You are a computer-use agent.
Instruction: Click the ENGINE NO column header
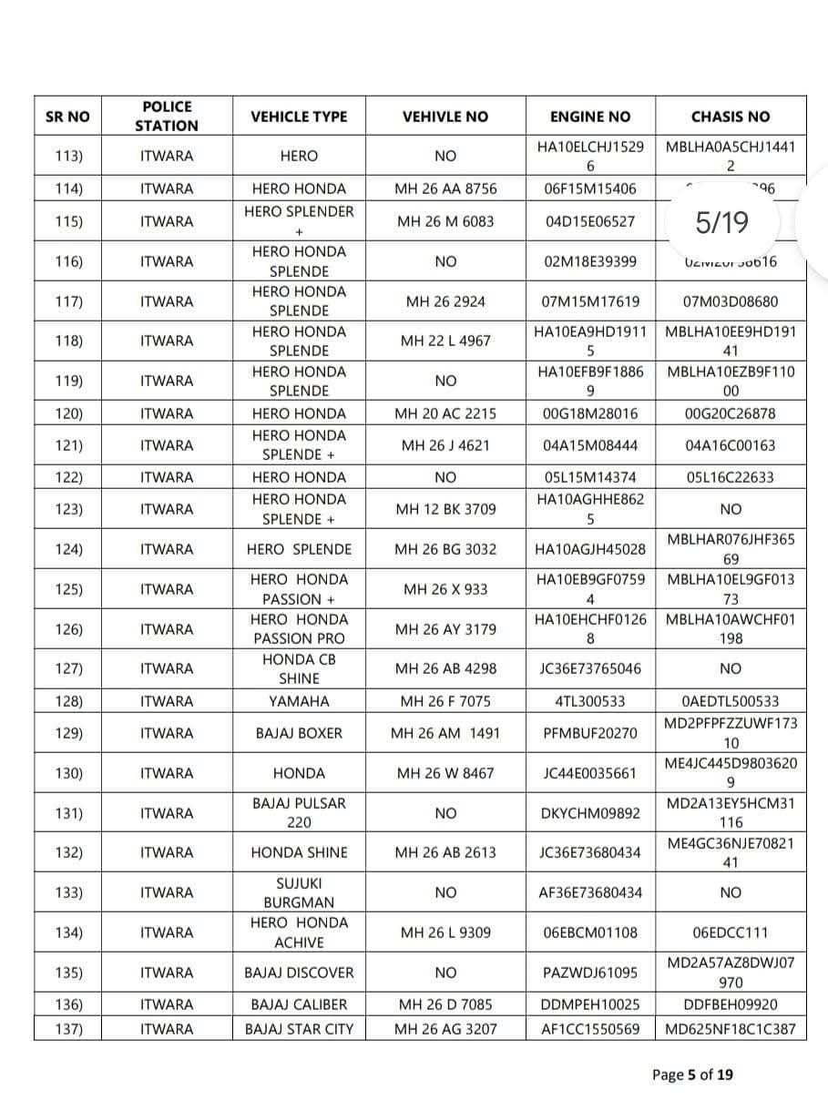(x=589, y=117)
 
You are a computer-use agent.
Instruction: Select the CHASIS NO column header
(x=730, y=117)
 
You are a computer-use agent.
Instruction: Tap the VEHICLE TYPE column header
(x=299, y=117)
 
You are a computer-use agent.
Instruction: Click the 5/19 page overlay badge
(x=721, y=221)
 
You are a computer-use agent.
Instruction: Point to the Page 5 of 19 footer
(x=692, y=1074)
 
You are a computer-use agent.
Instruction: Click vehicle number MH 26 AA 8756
(x=445, y=188)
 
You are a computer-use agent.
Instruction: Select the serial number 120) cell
(x=69, y=413)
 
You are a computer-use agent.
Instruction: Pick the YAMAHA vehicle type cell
(x=299, y=701)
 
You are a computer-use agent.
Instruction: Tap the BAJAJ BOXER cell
(x=299, y=733)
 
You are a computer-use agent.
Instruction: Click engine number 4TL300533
(x=589, y=701)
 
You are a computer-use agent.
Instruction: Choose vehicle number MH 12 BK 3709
(x=445, y=509)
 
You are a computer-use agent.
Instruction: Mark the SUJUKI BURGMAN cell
(x=299, y=892)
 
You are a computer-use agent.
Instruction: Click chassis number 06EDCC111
(x=730, y=932)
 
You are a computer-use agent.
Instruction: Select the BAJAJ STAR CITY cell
(x=299, y=1029)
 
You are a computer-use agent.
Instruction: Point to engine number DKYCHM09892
(x=589, y=813)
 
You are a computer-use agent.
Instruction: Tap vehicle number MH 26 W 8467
(x=445, y=773)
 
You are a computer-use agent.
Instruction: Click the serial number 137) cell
(x=69, y=1029)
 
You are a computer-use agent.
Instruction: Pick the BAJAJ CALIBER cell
(x=299, y=1004)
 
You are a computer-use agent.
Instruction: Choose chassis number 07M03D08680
(x=730, y=301)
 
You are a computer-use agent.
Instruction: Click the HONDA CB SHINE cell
(x=299, y=668)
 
